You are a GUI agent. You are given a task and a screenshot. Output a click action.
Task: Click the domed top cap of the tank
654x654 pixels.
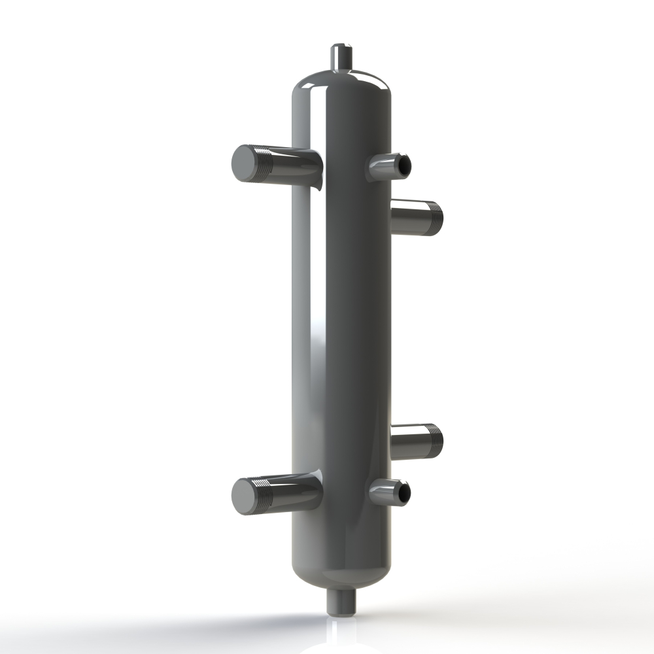(341, 82)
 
